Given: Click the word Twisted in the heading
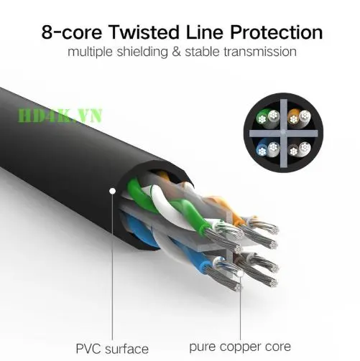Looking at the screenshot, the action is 144,32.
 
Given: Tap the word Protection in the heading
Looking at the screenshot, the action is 276,32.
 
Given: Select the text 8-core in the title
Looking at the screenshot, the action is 72,32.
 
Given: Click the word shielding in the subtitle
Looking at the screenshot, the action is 142,52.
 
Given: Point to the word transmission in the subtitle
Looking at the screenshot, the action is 260,52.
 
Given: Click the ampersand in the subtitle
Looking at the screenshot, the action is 176,52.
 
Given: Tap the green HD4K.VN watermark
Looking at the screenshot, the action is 60,116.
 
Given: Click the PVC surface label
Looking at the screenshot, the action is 112,349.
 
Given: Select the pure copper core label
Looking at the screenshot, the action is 240,347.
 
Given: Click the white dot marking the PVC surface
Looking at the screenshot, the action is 112,191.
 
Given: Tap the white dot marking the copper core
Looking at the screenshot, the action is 240,273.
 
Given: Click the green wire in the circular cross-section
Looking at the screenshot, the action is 262,117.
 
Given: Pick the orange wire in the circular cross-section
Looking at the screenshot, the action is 293,117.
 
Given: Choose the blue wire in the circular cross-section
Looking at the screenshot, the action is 262,149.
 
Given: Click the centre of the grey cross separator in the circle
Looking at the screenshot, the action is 284,133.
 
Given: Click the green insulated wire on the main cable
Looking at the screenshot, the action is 167,203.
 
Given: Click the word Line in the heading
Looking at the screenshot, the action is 205,32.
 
